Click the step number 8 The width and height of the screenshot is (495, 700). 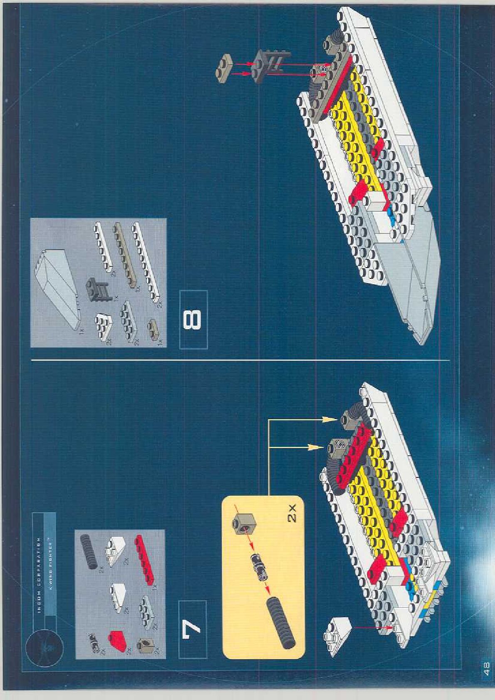193,319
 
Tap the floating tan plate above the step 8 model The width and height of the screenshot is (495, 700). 225,66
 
